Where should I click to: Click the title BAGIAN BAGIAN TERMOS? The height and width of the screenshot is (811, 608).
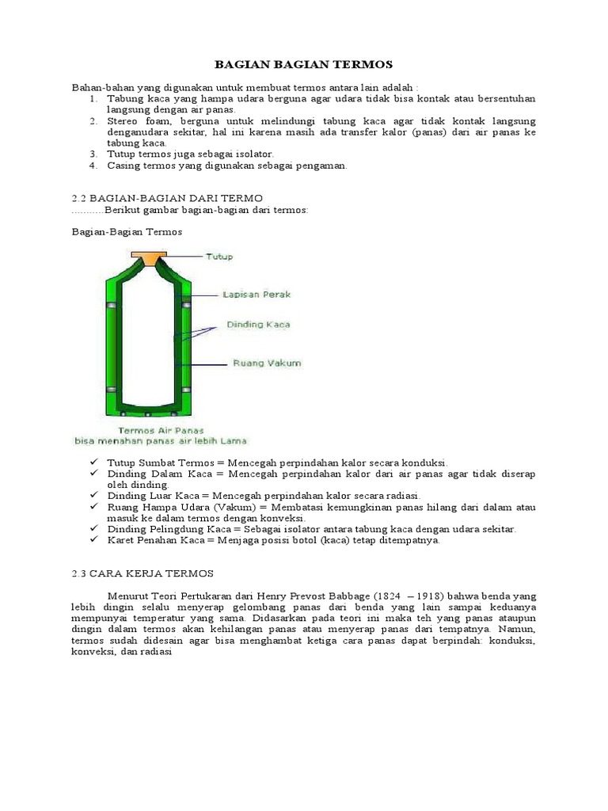pos(304,64)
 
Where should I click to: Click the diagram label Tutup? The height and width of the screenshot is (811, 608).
pos(219,257)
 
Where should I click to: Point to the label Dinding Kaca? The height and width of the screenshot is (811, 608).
pos(258,324)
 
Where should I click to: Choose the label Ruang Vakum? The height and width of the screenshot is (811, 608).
pos(266,364)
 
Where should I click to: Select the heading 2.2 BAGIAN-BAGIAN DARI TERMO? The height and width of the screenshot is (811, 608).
pos(167,196)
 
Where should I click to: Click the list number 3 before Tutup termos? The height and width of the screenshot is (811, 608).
pos(93,154)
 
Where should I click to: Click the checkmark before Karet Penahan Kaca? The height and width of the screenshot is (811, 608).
pos(93,540)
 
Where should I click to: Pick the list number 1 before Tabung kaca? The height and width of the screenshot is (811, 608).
pos(93,98)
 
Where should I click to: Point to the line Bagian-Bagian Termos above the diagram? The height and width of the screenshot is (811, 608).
pos(127,232)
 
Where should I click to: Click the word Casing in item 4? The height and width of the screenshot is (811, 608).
pos(125,166)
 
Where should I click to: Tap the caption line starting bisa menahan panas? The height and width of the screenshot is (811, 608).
pos(161,440)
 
